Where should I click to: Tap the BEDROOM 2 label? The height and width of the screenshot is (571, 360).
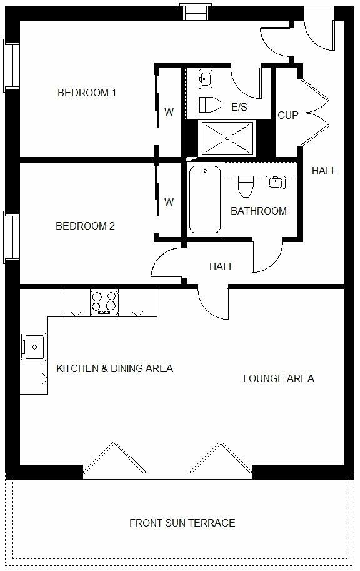pyautogui.click(x=85, y=226)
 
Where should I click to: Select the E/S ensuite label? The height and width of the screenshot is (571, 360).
pyautogui.click(x=239, y=108)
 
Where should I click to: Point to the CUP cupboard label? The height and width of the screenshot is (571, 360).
pyautogui.click(x=288, y=115)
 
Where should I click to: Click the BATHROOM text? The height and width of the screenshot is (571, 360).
pyautogui.click(x=259, y=211)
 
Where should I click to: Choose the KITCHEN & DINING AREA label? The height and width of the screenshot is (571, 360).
pyautogui.click(x=114, y=368)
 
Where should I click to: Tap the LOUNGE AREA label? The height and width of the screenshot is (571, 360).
pyautogui.click(x=278, y=378)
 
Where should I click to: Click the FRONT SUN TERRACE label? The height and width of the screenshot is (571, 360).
pyautogui.click(x=182, y=523)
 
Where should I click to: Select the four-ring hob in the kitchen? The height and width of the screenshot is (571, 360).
pyautogui.click(x=104, y=302)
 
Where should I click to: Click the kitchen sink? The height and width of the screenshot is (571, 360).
pyautogui.click(x=32, y=345)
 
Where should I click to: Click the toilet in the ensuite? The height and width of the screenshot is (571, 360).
pyautogui.click(x=210, y=104)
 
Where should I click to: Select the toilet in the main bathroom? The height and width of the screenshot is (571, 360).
pyautogui.click(x=245, y=186)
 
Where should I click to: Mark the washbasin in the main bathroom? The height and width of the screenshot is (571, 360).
pyautogui.click(x=275, y=182)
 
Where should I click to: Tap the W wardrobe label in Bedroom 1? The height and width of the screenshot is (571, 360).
pyautogui.click(x=169, y=113)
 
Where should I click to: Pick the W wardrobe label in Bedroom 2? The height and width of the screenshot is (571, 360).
pyautogui.click(x=169, y=202)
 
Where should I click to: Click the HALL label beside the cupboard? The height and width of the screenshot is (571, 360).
pyautogui.click(x=324, y=171)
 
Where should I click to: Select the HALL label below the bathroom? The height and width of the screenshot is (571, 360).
pyautogui.click(x=221, y=266)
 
